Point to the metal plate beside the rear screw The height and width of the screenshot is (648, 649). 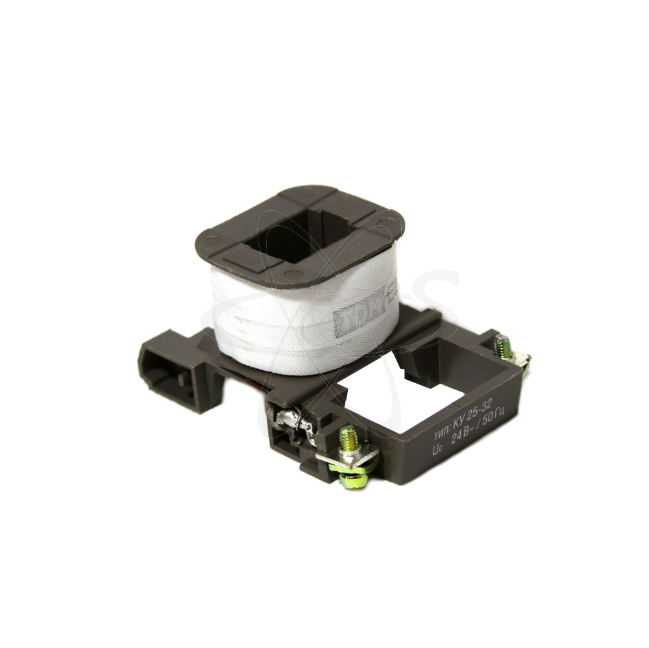point(519,356)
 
